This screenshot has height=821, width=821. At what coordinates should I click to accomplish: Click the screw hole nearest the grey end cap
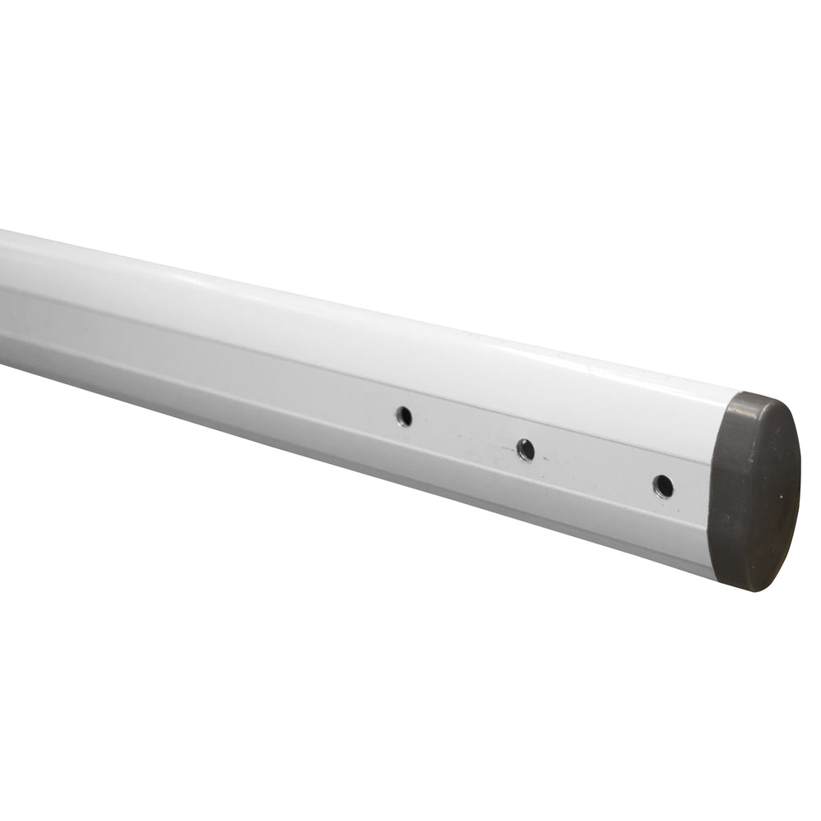(x=663, y=486)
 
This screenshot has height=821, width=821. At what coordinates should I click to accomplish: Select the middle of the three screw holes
(x=525, y=450)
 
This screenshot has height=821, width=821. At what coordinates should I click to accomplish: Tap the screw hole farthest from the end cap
(x=403, y=416)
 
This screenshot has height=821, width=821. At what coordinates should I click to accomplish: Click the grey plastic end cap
(x=754, y=491)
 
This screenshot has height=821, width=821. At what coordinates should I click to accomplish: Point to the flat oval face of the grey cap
(x=768, y=493)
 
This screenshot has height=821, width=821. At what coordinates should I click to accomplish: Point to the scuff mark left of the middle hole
(x=493, y=447)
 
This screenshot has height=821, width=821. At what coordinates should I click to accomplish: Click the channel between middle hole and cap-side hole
(x=595, y=469)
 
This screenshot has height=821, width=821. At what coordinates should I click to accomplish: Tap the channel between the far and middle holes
(x=464, y=433)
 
